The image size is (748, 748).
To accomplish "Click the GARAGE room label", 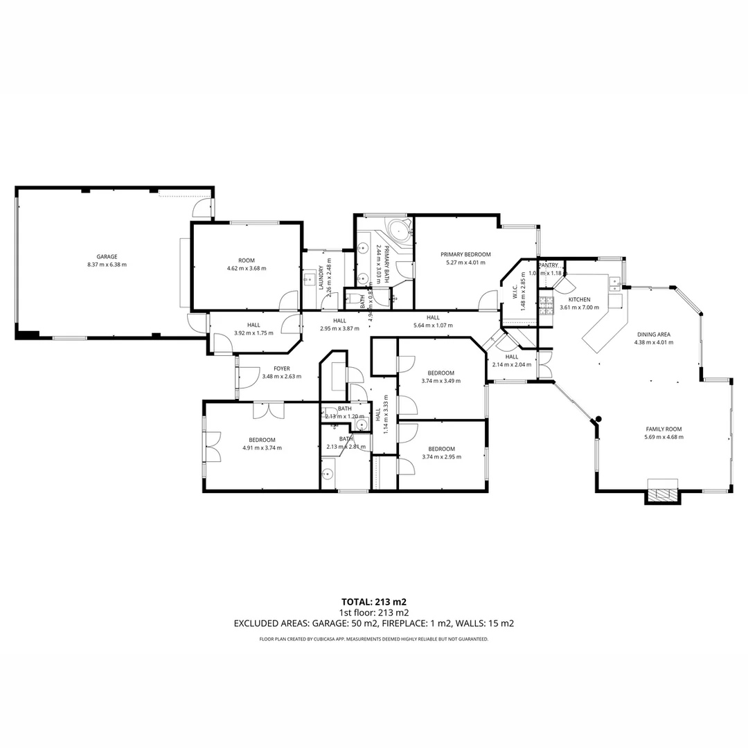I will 107,256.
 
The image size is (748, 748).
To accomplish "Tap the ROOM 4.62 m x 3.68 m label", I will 246,260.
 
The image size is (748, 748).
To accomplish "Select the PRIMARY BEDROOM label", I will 465,254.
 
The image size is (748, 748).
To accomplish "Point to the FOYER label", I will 281,368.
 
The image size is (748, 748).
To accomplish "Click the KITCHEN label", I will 579,299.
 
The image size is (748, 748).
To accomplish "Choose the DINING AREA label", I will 653,334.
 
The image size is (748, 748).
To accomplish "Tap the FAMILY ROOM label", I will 664,429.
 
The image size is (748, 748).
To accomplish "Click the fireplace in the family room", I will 664,494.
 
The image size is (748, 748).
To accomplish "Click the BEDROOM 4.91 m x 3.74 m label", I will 262,440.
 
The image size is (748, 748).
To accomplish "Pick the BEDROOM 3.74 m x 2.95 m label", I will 441,448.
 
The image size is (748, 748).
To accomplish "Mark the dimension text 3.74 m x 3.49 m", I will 441,380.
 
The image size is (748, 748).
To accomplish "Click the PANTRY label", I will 549,265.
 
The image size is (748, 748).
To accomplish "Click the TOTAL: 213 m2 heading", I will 374,601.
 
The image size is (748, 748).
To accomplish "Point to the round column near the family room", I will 598,418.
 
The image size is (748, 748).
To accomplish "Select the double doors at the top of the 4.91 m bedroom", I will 268,410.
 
